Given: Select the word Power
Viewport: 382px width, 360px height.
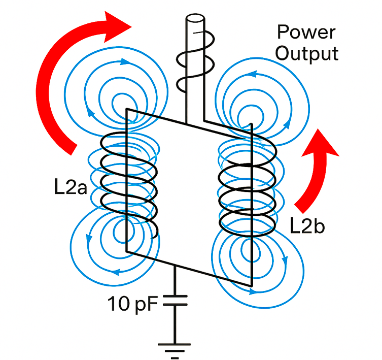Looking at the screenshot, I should [306, 32].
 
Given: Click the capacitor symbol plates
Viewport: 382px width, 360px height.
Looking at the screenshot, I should [175, 300].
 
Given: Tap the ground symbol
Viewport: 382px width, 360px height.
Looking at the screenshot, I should [175, 347].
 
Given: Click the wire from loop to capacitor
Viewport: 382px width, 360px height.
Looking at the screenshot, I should [175, 279].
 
